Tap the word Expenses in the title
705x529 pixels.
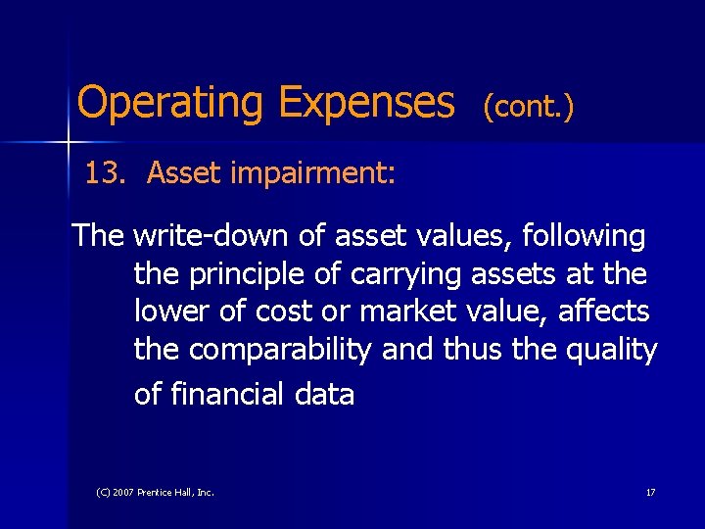[x=366, y=102]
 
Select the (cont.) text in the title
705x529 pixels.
[x=528, y=107]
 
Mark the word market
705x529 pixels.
[x=403, y=312]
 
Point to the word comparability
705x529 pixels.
[x=280, y=350]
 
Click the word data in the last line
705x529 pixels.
[x=328, y=394]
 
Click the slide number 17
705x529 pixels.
[x=650, y=492]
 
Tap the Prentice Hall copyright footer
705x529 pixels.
[x=155, y=492]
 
